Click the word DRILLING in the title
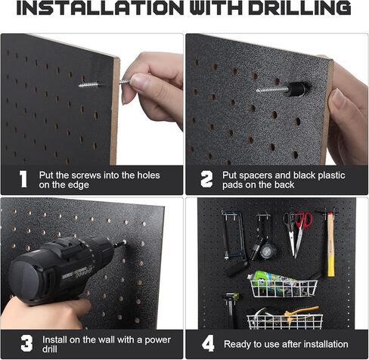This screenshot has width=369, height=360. [299, 8]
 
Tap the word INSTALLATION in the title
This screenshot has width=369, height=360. [100, 8]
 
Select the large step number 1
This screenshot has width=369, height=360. [23, 179]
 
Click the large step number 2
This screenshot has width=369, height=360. [206, 179]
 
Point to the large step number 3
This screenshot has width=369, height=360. [26, 343]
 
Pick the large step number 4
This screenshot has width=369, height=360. [208, 343]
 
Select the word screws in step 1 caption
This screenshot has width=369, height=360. [86, 175]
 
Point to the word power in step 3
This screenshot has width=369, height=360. [157, 340]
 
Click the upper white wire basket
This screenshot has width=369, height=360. [284, 288]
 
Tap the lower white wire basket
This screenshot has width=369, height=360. [284, 321]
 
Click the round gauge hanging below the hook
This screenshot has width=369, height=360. [267, 251]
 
